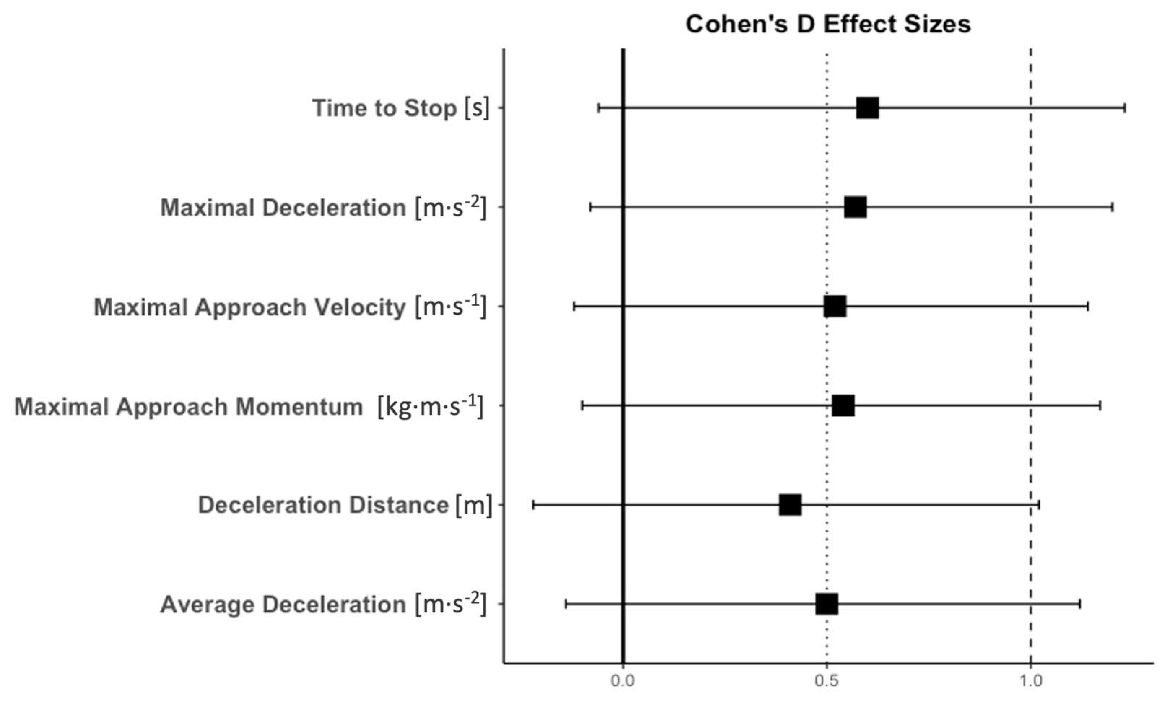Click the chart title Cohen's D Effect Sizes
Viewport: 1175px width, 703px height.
[x=828, y=24]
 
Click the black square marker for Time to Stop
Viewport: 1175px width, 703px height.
[x=867, y=108]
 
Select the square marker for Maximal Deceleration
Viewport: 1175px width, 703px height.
[x=855, y=207]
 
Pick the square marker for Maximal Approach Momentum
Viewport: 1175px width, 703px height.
[x=843, y=405]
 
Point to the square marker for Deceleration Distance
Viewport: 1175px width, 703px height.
[x=790, y=505]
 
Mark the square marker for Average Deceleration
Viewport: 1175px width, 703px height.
[x=827, y=604]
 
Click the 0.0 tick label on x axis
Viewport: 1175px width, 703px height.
[x=622, y=681]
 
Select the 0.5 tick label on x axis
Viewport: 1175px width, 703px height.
[x=826, y=681]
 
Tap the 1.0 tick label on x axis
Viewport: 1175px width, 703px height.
[x=1031, y=681]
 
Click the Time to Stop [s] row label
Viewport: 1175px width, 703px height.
[x=401, y=108]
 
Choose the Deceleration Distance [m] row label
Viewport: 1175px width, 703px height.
[x=345, y=505]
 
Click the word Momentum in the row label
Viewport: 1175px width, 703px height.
[x=299, y=407]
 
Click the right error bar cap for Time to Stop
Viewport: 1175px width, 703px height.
[x=1125, y=108]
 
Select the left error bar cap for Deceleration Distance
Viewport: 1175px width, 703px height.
[x=533, y=505]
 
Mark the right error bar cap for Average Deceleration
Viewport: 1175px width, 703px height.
[x=1079, y=604]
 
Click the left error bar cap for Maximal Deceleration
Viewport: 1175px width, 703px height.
[x=590, y=207]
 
